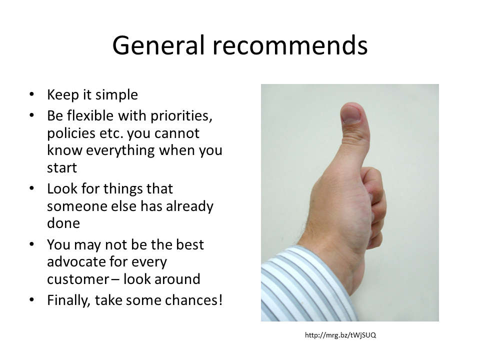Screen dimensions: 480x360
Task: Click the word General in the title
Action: tap(158, 45)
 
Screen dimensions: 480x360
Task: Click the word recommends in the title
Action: tap(290, 45)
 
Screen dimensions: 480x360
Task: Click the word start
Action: tap(62, 168)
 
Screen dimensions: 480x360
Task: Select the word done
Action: tap(63, 223)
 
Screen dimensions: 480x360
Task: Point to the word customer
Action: tap(78, 279)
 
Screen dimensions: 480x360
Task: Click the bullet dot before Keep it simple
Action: tap(32, 94)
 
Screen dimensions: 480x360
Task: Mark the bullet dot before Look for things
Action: tap(32, 188)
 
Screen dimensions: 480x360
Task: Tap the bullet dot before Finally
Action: tap(32, 299)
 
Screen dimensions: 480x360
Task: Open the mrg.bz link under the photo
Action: tap(340, 335)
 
